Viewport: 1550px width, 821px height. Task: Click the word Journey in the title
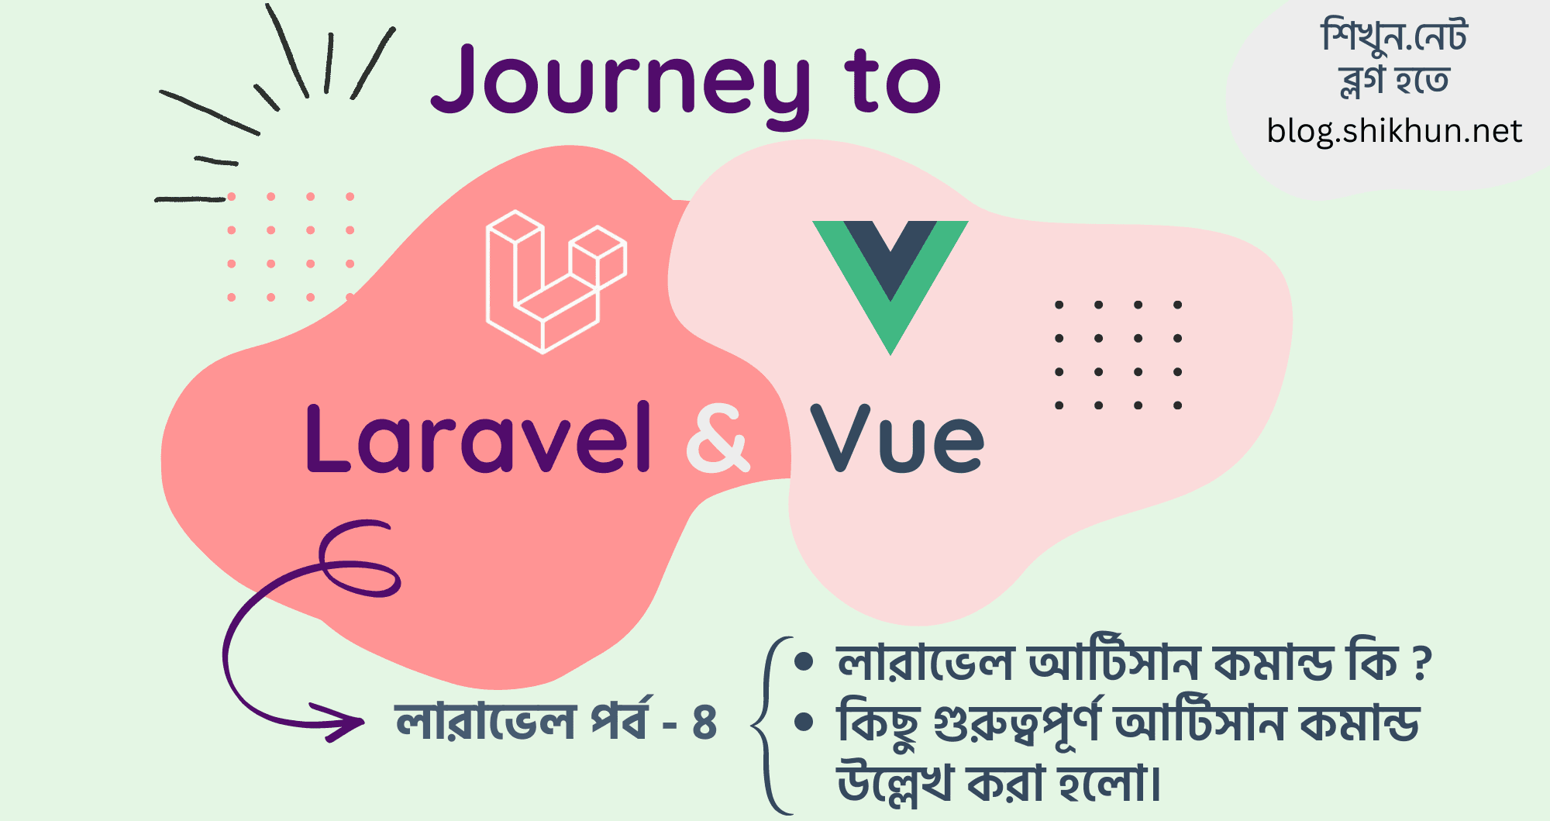(620, 81)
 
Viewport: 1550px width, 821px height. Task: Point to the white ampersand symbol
(718, 438)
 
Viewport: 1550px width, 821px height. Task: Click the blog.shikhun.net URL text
(1394, 131)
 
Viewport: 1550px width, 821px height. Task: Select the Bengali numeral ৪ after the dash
(704, 723)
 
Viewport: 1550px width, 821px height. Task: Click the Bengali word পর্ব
(621, 721)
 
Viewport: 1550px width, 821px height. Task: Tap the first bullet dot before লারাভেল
(804, 662)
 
